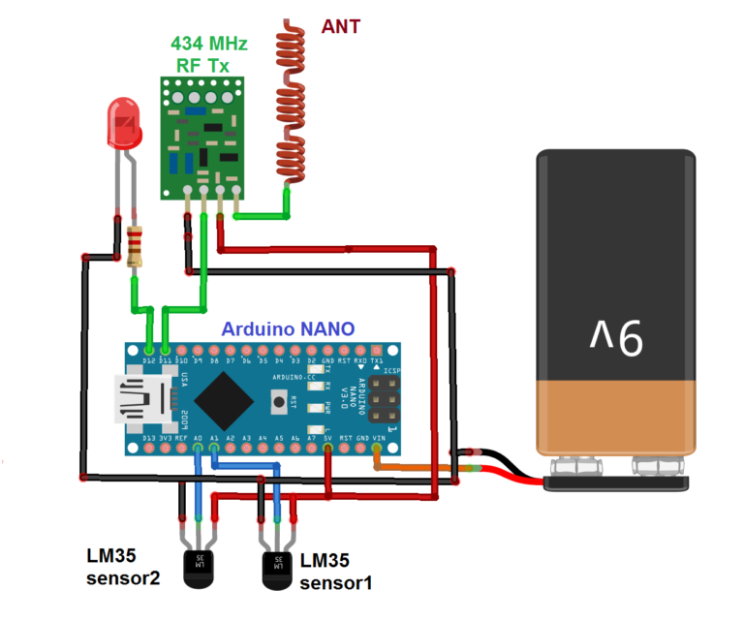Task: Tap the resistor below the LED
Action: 135,246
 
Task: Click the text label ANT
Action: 340,26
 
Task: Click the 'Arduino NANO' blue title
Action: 289,328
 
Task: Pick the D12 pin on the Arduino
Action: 148,349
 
